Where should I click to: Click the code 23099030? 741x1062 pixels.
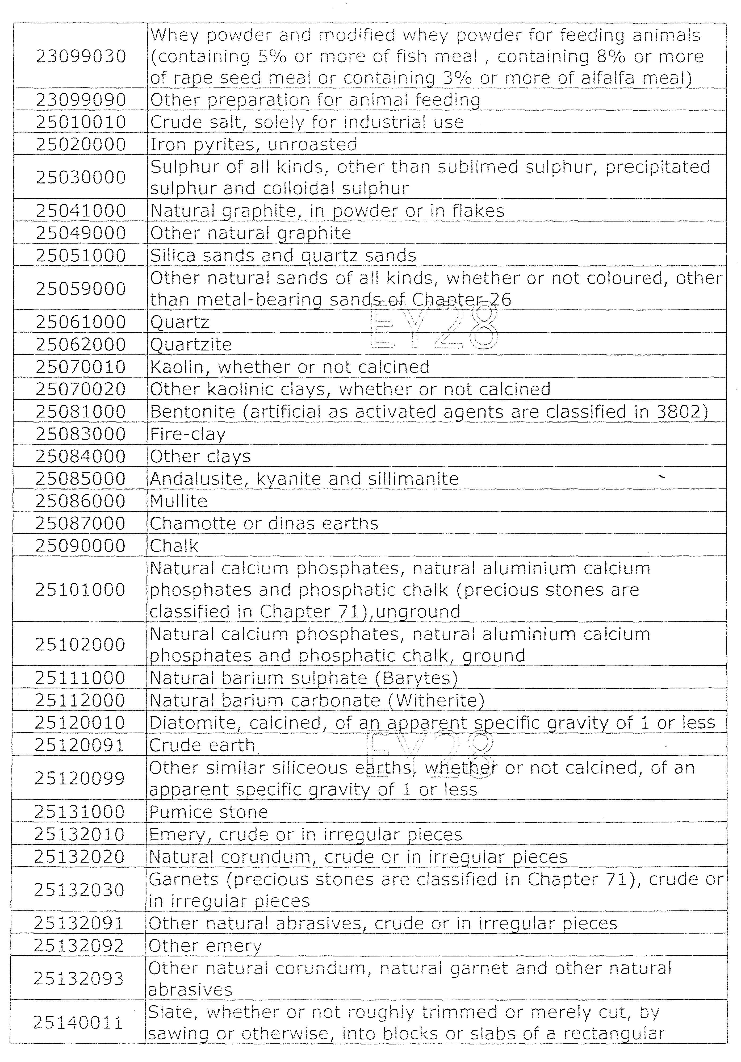(x=81, y=56)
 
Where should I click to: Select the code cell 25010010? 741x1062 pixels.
(x=81, y=122)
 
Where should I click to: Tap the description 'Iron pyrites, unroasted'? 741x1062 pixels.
(x=253, y=144)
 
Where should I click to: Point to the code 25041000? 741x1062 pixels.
(x=81, y=211)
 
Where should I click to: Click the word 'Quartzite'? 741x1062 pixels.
(x=191, y=345)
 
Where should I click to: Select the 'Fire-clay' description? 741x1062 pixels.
(x=188, y=434)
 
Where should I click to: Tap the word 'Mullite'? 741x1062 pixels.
(x=179, y=501)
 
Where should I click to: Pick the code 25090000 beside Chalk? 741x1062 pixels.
(x=81, y=546)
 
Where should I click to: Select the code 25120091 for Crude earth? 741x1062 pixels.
(x=79, y=745)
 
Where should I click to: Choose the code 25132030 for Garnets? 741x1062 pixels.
(x=79, y=890)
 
